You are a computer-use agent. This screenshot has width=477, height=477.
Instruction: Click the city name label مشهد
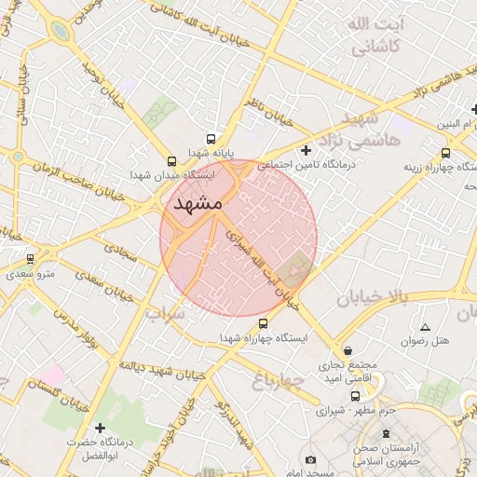coord(197,202)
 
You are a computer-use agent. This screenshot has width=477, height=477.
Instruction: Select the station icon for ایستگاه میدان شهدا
coord(170,159)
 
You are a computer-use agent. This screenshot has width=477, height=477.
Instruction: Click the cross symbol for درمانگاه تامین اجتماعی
coord(306,150)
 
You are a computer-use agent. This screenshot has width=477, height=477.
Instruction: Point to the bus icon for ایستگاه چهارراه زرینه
coord(445,153)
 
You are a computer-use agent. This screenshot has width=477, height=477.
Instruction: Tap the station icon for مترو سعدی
coord(31,259)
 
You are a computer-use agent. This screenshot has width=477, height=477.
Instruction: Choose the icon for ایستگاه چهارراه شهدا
coord(263,324)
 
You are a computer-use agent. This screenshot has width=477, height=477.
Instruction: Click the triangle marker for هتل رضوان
coord(426,327)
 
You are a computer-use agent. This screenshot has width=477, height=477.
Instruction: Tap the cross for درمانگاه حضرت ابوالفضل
coord(101,428)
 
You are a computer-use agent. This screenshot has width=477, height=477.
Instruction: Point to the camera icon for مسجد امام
coord(310,459)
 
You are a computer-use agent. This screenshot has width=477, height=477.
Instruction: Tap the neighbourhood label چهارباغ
coord(278,379)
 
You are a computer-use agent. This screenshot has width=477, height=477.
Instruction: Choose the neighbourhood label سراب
coord(165,314)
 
